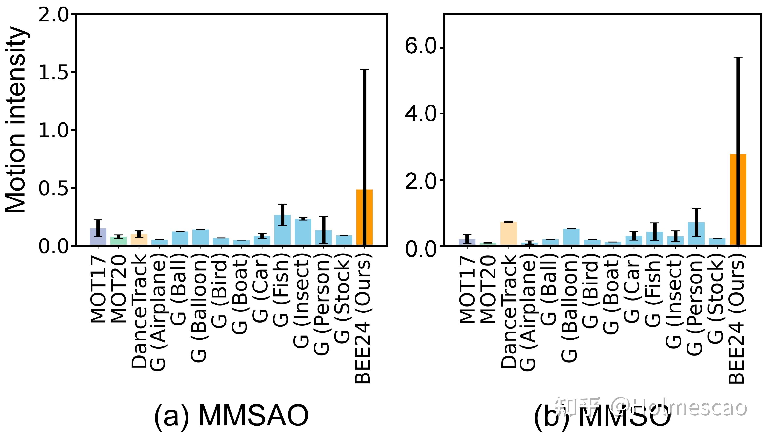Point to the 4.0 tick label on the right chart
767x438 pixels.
click(420, 114)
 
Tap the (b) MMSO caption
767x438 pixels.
click(602, 417)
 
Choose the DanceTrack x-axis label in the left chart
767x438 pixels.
click(139, 311)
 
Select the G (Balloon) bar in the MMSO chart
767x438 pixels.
click(571, 237)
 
